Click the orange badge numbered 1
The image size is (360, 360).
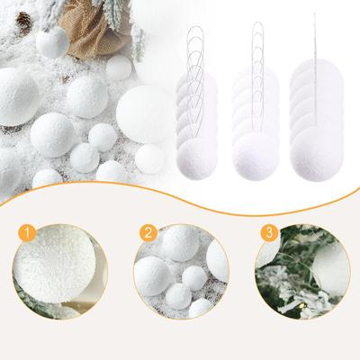click(27, 233)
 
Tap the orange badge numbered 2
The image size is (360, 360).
click(148, 233)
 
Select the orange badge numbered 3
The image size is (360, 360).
click(269, 233)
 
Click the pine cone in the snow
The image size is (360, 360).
click(23, 21)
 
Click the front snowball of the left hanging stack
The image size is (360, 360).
click(196, 159)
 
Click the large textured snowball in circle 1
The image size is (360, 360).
click(55, 264)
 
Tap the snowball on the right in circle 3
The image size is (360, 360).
click(330, 270)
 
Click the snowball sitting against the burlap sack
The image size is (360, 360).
click(53, 42)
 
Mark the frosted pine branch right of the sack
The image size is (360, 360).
click(138, 42)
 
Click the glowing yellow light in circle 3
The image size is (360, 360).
click(304, 305)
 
